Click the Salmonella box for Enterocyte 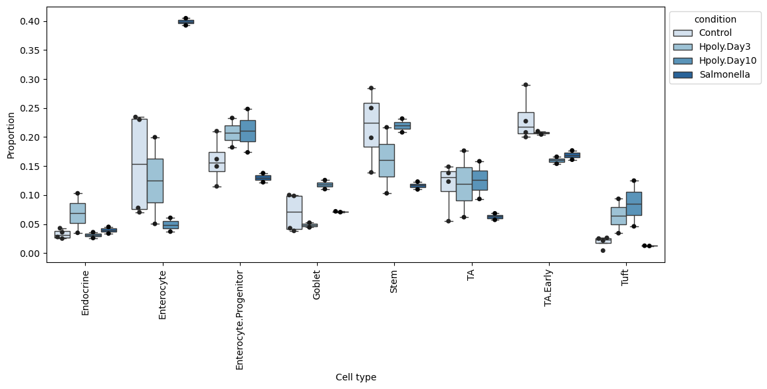pyautogui.click(x=186, y=21)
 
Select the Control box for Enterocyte pyautogui.click(x=140, y=164)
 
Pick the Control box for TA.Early pyautogui.click(x=526, y=123)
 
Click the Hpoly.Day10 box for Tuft pyautogui.click(x=634, y=204)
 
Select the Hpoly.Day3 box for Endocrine pyautogui.click(x=78, y=214)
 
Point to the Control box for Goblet pyautogui.click(x=294, y=212)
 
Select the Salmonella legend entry pyautogui.click(x=711, y=75)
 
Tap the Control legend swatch pyautogui.click(x=683, y=33)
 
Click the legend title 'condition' pyautogui.click(x=715, y=19)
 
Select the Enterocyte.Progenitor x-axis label pyautogui.click(x=239, y=320)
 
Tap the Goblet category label pyautogui.click(x=316, y=284)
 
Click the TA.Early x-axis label pyautogui.click(x=548, y=288)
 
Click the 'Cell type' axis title pyautogui.click(x=356, y=377)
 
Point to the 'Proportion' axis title pyautogui.click(x=11, y=135)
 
